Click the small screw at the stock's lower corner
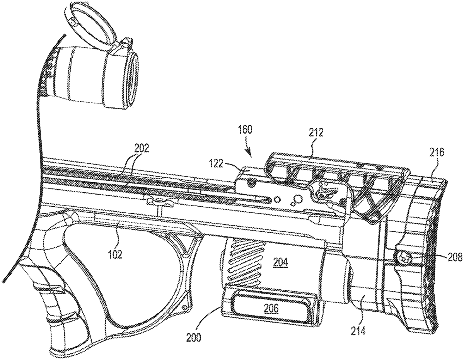pos(185,307)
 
